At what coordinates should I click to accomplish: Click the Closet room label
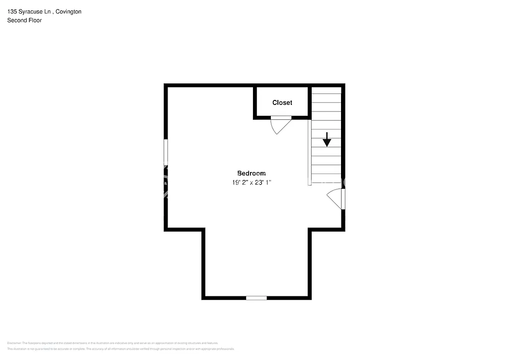coord(282,103)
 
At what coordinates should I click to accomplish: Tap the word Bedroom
coord(251,174)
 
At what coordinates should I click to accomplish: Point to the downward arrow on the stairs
coord(327,140)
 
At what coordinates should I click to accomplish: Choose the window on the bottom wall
coord(256,298)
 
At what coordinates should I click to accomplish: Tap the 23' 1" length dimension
coord(263,182)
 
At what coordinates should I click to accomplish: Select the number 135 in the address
coord(12,11)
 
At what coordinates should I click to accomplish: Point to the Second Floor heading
coord(24,20)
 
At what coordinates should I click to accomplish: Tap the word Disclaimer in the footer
coord(14,343)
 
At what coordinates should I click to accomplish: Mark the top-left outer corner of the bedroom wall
coord(166,86)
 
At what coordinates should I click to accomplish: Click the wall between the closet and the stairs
coord(309,102)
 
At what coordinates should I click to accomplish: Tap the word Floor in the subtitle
coord(34,20)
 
